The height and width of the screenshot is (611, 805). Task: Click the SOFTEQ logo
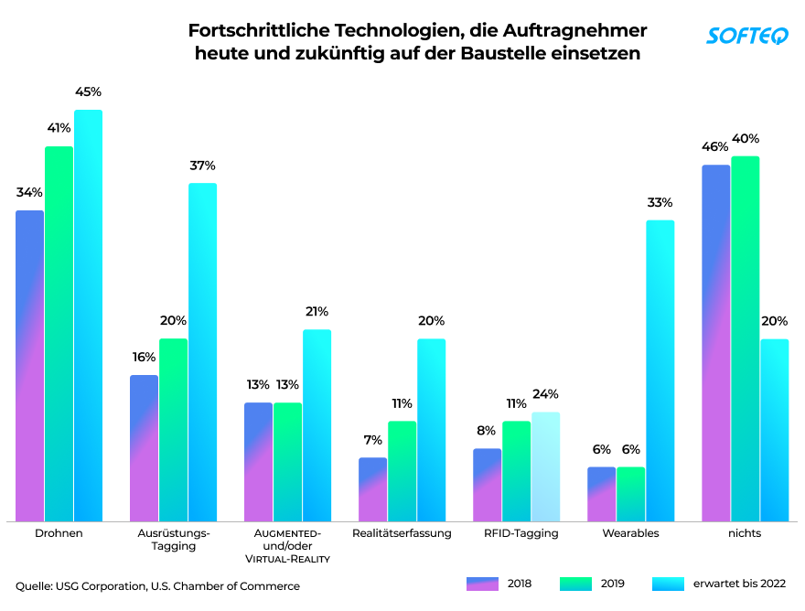tap(747, 36)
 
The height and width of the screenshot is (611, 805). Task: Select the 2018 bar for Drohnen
tap(30, 366)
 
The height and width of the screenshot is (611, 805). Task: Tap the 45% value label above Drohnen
tap(88, 92)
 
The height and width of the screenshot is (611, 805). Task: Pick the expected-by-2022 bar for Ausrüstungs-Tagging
tap(203, 352)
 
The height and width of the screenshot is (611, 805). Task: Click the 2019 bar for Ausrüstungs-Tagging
tap(174, 430)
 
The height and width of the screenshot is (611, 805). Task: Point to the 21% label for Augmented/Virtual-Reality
tap(317, 312)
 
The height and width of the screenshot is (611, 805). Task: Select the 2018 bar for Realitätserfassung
tap(372, 489)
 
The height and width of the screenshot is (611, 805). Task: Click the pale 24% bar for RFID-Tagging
tap(546, 466)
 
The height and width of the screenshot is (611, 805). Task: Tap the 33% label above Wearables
tap(660, 202)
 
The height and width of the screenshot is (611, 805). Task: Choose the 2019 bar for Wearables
tap(631, 494)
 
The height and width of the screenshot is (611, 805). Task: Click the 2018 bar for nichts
tap(716, 343)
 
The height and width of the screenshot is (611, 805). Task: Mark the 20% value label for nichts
tap(774, 321)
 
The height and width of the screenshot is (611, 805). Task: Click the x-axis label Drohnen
tap(59, 533)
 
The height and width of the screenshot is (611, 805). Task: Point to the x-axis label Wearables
tap(630, 533)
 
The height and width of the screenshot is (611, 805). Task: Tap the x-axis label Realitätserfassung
tap(402, 533)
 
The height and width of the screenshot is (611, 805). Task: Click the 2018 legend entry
tap(499, 584)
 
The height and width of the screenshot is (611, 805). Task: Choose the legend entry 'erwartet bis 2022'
tap(719, 584)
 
